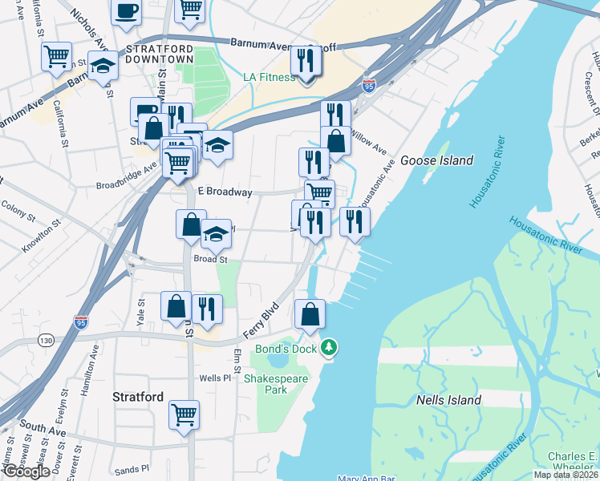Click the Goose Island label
pyautogui.click(x=436, y=160)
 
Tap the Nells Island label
pyautogui.click(x=448, y=400)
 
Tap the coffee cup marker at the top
pyautogui.click(x=127, y=12)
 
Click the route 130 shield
pyautogui.click(x=47, y=341)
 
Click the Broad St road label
pyautogui.click(x=211, y=260)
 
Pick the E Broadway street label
pyautogui.click(x=225, y=192)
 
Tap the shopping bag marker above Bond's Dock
pyautogui.click(x=310, y=314)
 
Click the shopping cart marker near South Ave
pyautogui.click(x=184, y=414)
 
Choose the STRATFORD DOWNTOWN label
pyautogui.click(x=159, y=54)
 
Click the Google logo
pyautogui.click(x=26, y=471)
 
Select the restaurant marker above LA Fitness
pyautogui.click(x=306, y=61)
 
